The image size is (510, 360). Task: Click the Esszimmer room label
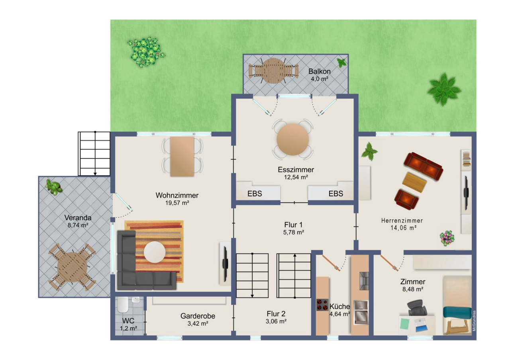click(x=296, y=170)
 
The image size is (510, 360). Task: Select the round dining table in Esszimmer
click(x=293, y=139)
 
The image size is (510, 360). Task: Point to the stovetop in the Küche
click(x=322, y=305)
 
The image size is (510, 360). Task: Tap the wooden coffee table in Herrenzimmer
click(x=414, y=182)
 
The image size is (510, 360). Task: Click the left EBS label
click(x=255, y=194)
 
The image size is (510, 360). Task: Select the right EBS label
click(x=335, y=194)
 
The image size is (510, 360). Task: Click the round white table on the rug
click(x=155, y=252)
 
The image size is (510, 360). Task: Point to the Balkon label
click(x=319, y=72)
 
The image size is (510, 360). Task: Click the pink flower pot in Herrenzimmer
click(x=447, y=238)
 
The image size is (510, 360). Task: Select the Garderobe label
click(x=198, y=316)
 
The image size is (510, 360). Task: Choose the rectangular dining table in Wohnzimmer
click(x=182, y=157)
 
